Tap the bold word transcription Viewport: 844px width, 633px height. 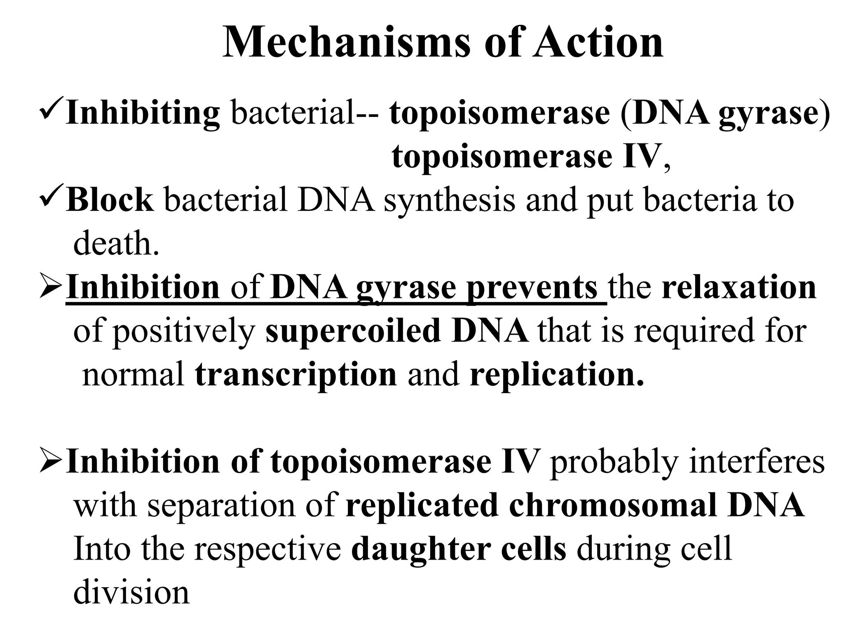[x=296, y=375]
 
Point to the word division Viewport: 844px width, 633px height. [x=131, y=593]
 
